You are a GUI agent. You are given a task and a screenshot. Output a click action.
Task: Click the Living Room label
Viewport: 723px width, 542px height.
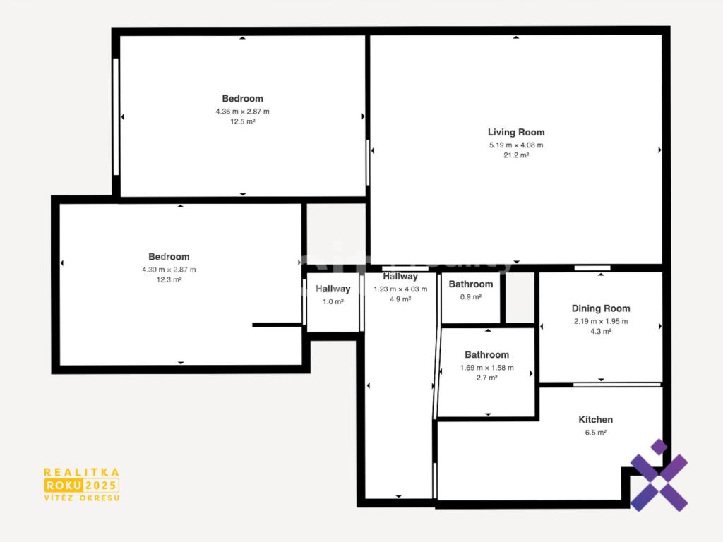[516, 133]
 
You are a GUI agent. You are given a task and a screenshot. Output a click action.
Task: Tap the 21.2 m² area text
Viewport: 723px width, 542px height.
[516, 155]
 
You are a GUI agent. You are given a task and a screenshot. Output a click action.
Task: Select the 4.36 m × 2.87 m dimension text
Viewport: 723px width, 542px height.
[243, 112]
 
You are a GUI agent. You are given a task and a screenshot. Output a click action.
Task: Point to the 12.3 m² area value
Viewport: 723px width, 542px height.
[169, 279]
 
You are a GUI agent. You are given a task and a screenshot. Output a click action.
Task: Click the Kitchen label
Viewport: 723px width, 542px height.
[596, 420]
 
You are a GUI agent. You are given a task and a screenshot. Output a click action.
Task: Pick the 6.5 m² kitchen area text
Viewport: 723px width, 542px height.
[596, 433]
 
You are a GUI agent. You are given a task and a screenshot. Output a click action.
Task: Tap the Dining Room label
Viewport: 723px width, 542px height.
[601, 309]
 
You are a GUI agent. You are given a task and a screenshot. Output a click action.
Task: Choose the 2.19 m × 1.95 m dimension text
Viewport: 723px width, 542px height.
[601, 321]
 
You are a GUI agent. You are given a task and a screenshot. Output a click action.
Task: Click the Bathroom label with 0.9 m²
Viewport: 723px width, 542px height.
[471, 284]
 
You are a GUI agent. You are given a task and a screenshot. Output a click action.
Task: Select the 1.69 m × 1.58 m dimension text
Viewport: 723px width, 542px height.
[487, 368]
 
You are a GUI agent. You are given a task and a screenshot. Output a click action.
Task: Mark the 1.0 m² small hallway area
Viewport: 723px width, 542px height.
[333, 302]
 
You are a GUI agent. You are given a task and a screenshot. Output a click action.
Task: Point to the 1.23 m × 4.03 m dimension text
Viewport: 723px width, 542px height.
[400, 289]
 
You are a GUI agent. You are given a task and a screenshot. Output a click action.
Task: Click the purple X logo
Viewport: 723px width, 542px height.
[659, 476]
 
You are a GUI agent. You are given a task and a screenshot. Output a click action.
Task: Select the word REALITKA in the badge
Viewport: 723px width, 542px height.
[82, 472]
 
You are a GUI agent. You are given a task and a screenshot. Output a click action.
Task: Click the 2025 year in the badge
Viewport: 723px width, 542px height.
[101, 486]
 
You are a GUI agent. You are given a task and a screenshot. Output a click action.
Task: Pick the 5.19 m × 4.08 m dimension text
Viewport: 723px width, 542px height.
[516, 145]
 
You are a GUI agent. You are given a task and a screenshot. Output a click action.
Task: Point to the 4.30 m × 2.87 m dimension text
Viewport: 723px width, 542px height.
[169, 270]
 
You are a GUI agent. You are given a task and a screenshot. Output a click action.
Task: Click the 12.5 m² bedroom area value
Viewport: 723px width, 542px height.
[243, 121]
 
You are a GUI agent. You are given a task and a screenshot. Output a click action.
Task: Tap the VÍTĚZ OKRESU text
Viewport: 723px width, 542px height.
[82, 498]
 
